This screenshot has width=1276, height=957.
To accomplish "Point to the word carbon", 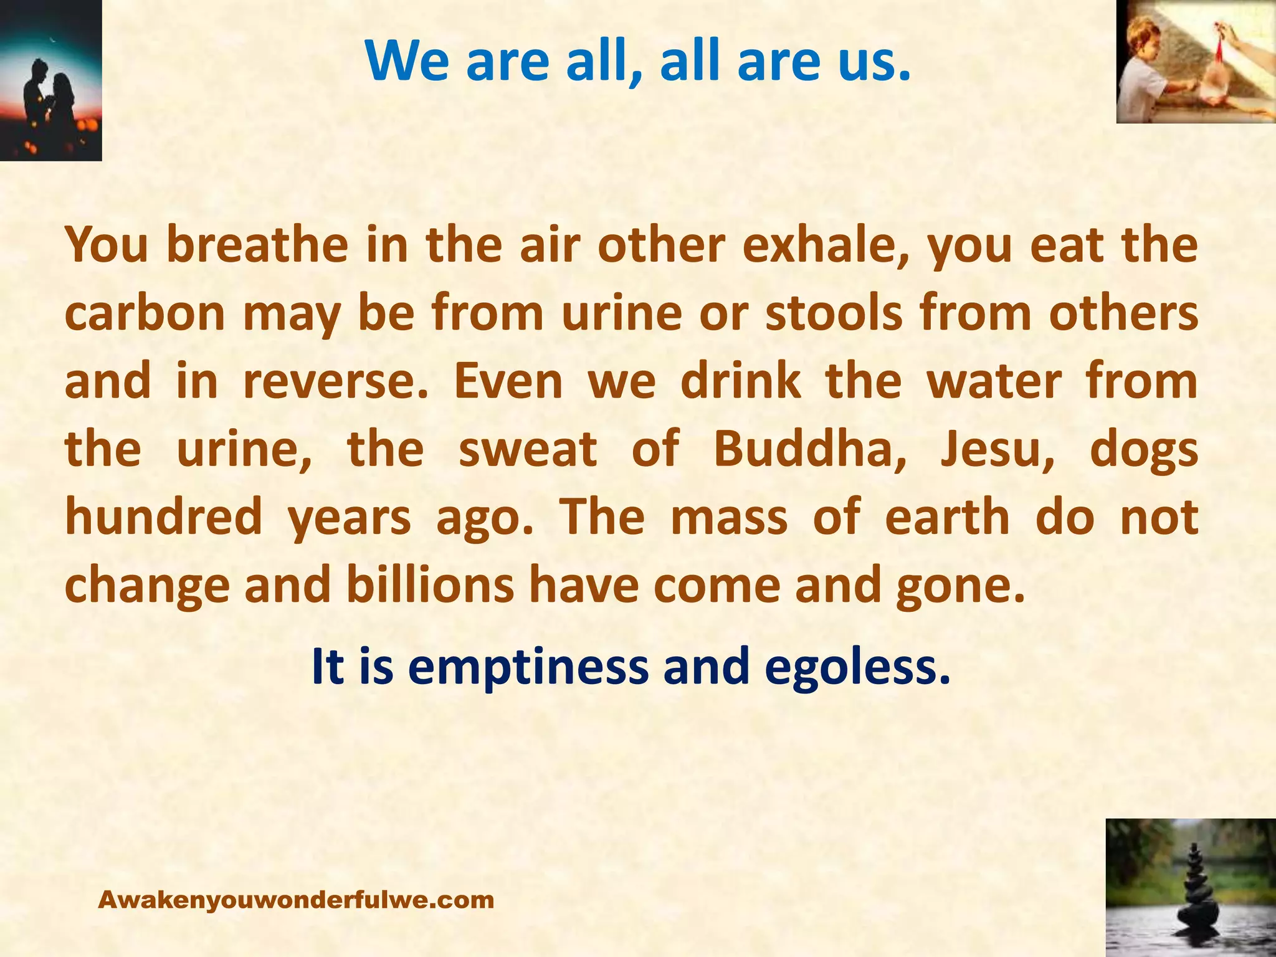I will pos(145,313).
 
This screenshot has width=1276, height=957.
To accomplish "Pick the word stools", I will pos(834,313).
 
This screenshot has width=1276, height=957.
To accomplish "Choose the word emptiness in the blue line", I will pos(528,667).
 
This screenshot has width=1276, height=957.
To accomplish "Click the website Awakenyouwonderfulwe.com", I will pos(296,900).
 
